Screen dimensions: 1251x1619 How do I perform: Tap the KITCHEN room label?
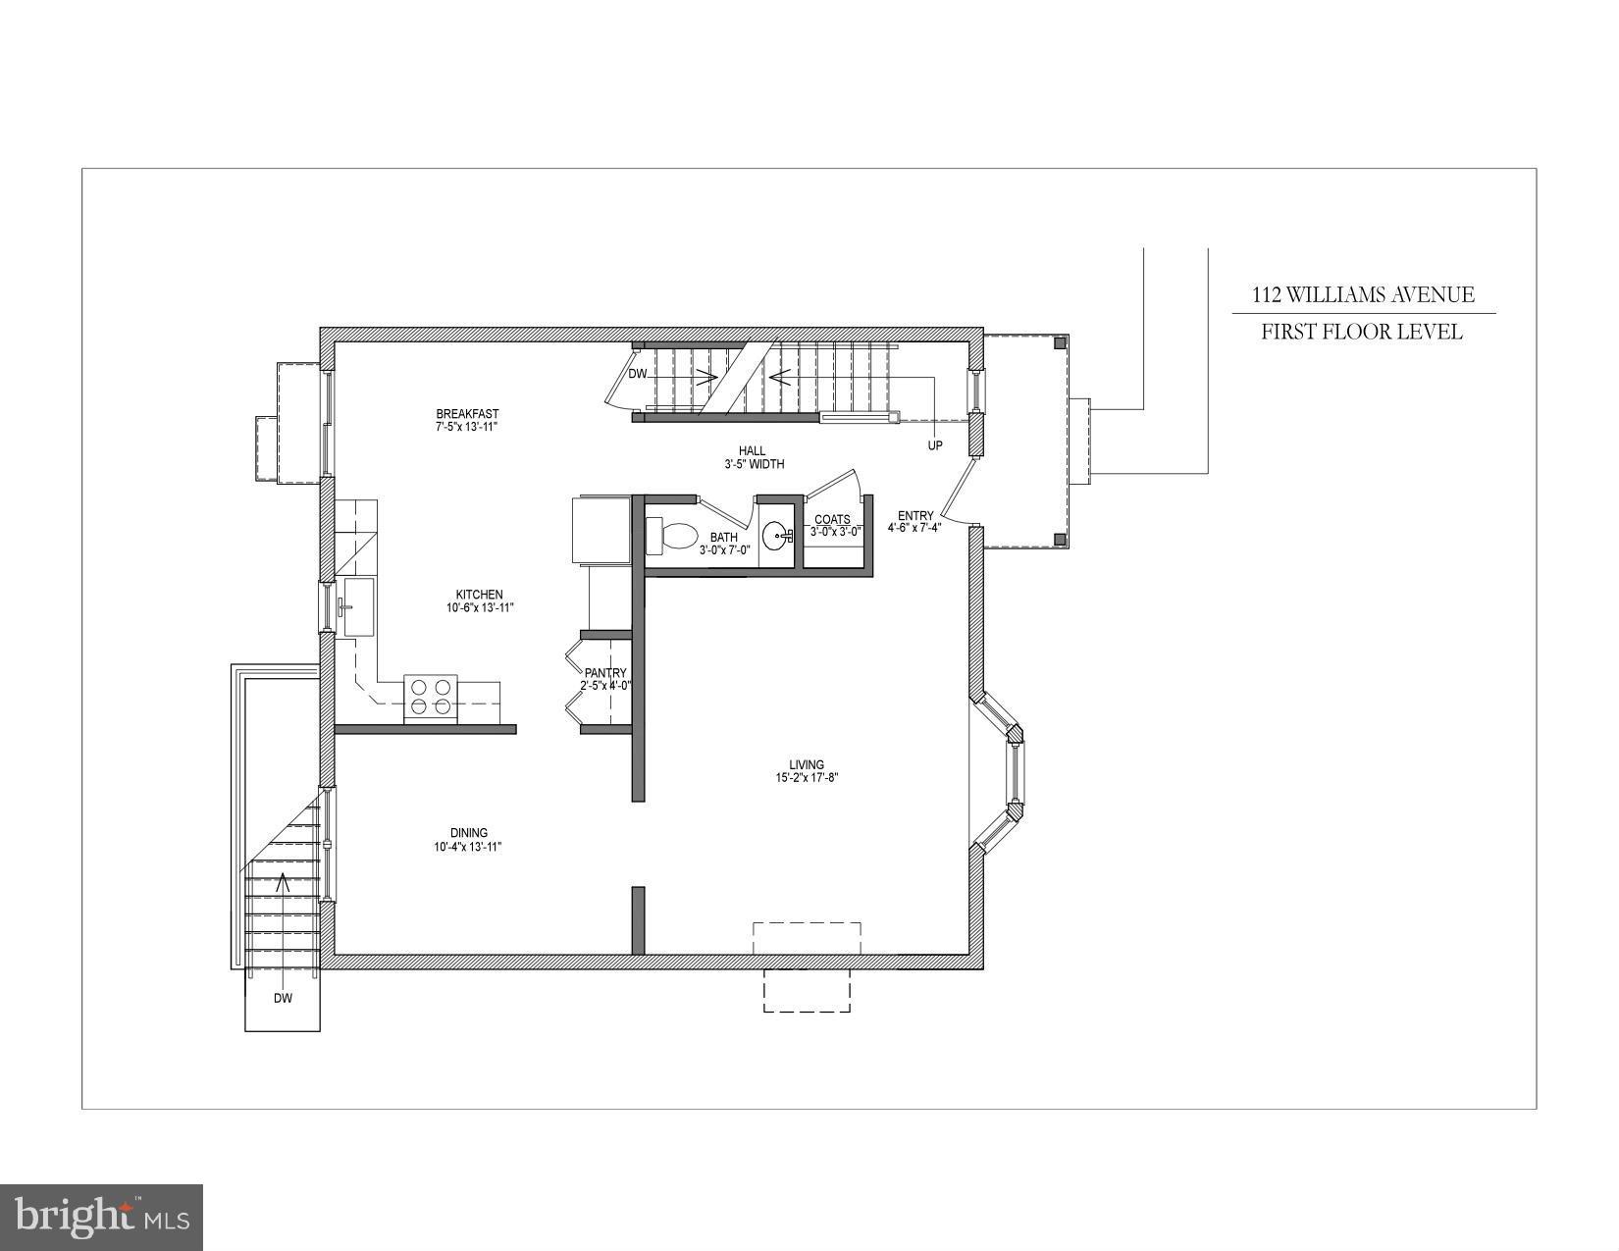pyautogui.click(x=479, y=595)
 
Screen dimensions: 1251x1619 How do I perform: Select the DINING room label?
pyautogui.click(x=468, y=833)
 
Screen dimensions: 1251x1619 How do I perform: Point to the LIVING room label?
pyautogui.click(x=807, y=764)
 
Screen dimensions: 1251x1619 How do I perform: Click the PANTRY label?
pyautogui.click(x=605, y=673)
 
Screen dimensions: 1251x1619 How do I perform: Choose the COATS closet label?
pyautogui.click(x=832, y=519)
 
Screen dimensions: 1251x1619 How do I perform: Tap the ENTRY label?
pyautogui.click(x=915, y=516)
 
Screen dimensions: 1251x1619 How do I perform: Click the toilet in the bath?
pyautogui.click(x=674, y=536)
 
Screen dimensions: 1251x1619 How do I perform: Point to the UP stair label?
pyautogui.click(x=935, y=445)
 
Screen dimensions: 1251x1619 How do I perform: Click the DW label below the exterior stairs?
pyautogui.click(x=283, y=999)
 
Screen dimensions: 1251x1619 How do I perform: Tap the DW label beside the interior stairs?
pyautogui.click(x=638, y=374)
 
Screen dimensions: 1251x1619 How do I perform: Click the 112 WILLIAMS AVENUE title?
pyautogui.click(x=1362, y=294)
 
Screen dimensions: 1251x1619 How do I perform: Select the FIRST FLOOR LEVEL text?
pyautogui.click(x=1362, y=332)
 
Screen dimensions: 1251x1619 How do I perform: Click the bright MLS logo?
pyautogui.click(x=102, y=1218)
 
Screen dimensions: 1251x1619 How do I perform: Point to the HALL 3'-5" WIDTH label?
pyautogui.click(x=754, y=457)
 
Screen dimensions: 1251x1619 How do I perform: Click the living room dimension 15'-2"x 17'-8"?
pyautogui.click(x=807, y=778)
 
